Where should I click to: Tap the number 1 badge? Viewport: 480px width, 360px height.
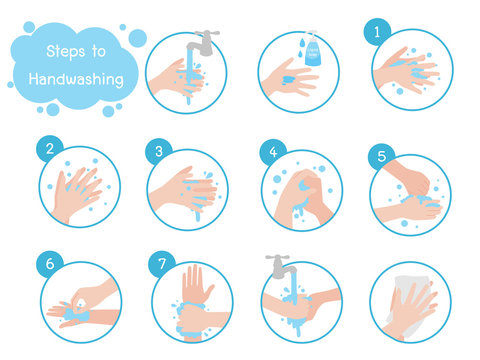tap(377, 32)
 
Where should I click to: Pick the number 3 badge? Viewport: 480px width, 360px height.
tap(158, 150)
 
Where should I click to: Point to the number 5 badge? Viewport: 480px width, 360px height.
tap(378, 157)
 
